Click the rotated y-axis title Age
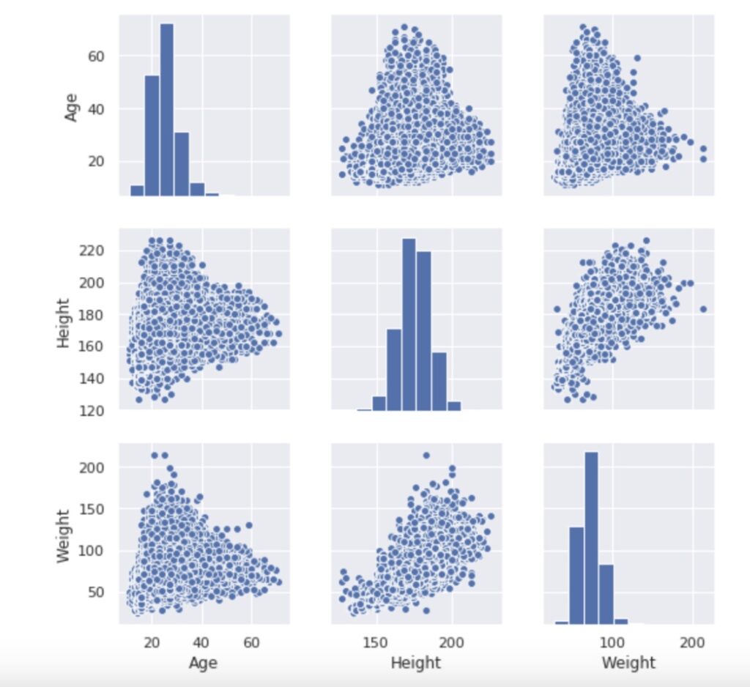click(71, 105)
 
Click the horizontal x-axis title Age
click(202, 663)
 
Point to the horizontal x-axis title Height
click(415, 663)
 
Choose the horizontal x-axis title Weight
click(628, 663)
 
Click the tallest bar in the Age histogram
click(166, 110)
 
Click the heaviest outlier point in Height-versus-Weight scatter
click(703, 309)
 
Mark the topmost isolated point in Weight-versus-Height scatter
click(426, 456)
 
